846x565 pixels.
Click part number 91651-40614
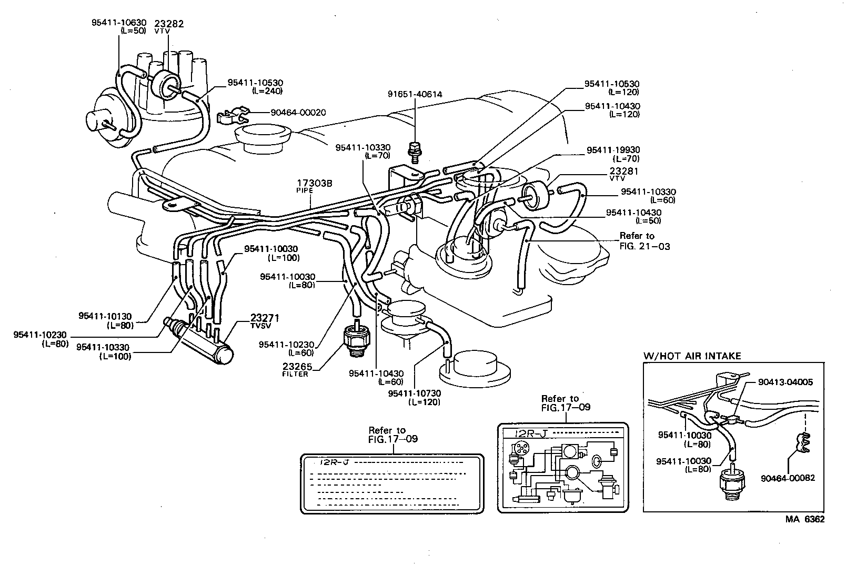pos(415,95)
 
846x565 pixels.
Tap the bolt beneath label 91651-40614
pos(415,150)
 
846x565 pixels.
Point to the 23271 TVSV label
pos(265,321)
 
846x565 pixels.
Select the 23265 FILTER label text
pos(297,370)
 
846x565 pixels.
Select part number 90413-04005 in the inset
pos(785,382)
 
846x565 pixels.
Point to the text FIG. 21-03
pos(644,246)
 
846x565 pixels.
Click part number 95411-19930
pos(613,150)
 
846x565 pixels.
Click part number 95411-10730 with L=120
pos(415,394)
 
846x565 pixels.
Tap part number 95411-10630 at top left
pos(119,23)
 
